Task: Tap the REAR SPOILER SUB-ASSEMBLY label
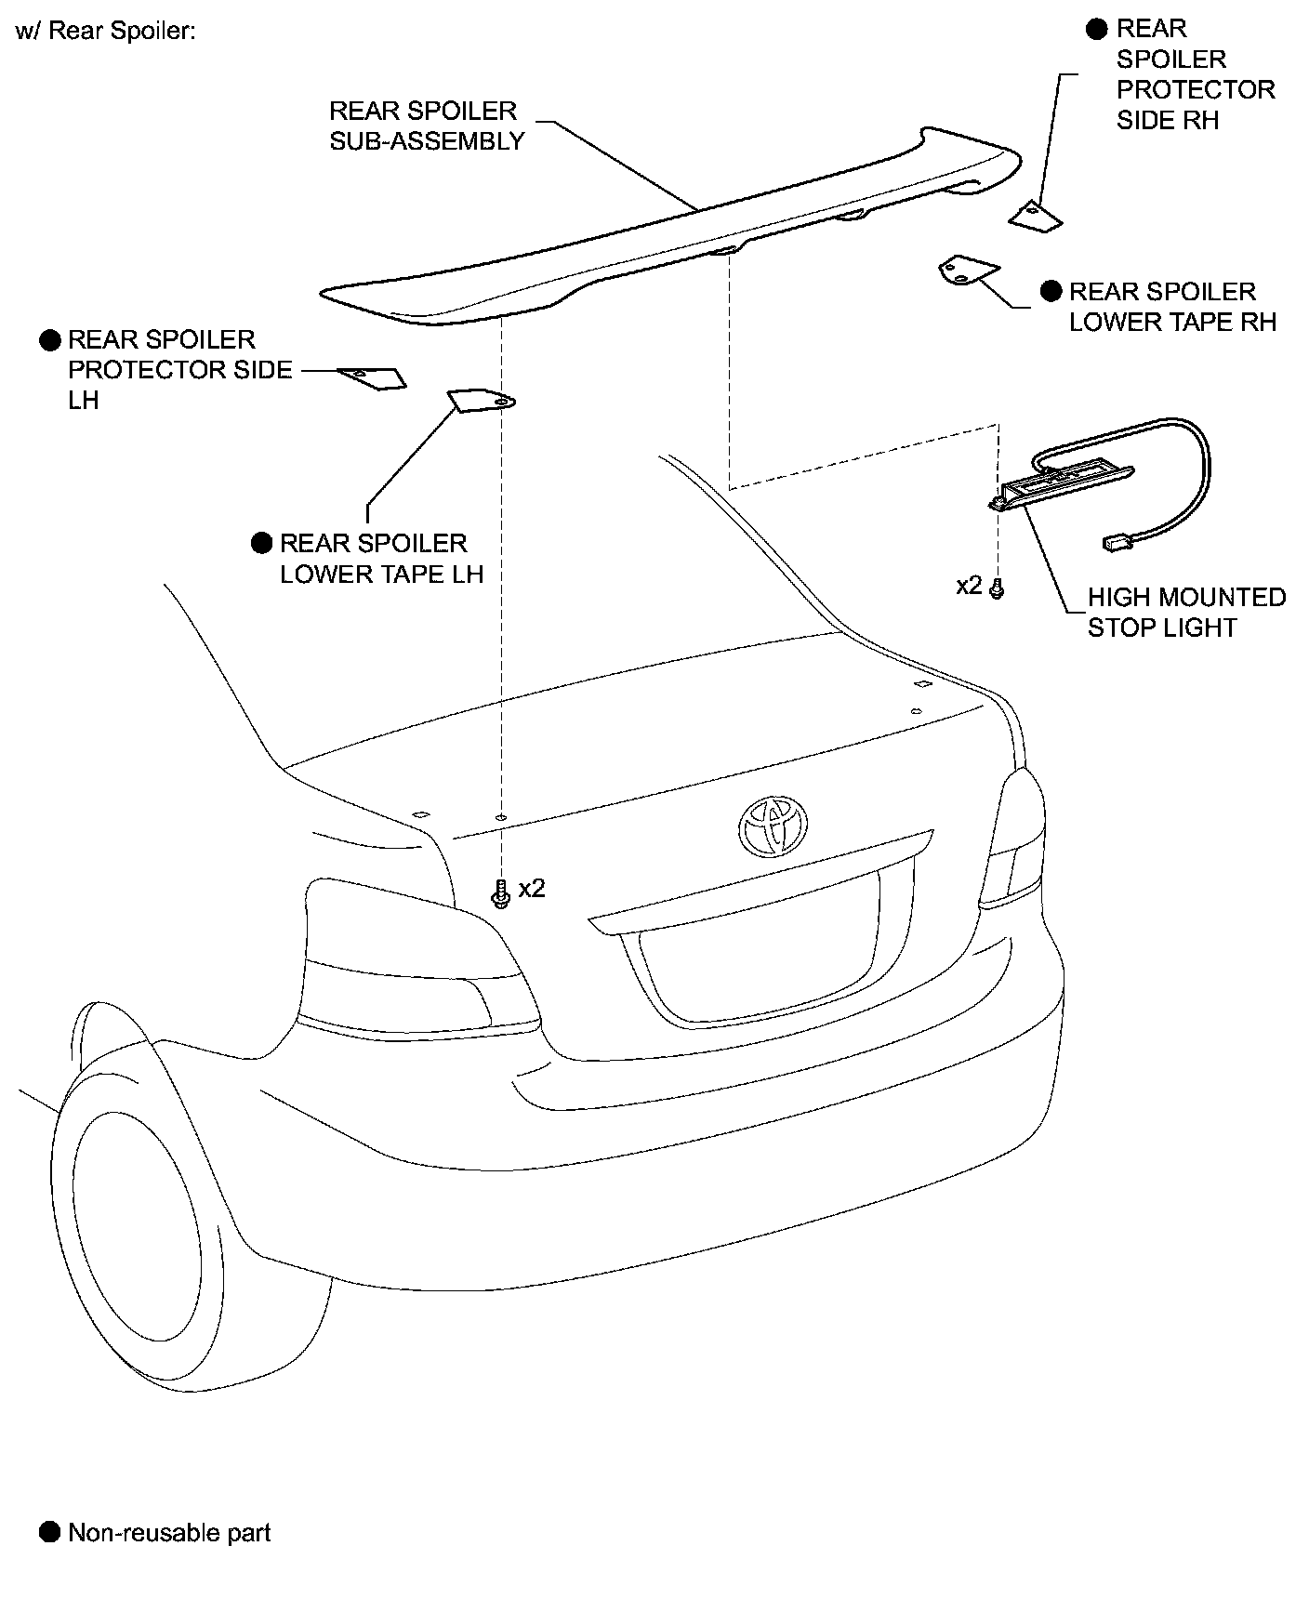(426, 126)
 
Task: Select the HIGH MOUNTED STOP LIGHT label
(1185, 613)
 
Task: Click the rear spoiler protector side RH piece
(1035, 216)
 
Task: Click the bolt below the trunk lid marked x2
(501, 893)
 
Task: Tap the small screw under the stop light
(998, 588)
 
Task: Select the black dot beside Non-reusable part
(49, 1533)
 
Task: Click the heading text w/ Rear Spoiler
(105, 32)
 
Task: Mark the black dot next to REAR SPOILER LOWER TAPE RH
(1051, 292)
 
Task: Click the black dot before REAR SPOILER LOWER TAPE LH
(262, 544)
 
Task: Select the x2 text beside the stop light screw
(969, 586)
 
